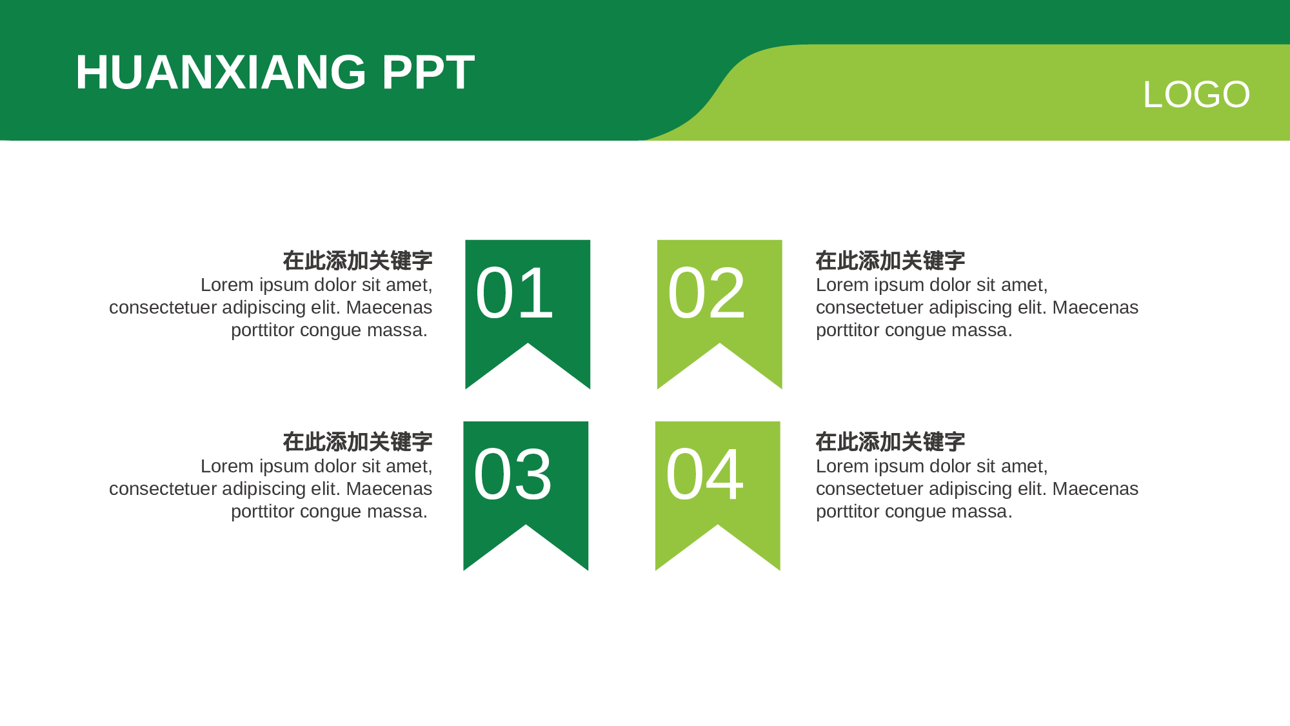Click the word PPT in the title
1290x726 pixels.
428,72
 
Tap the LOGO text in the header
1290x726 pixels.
1196,95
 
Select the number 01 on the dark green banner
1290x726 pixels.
514,294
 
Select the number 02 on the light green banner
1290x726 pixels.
706,294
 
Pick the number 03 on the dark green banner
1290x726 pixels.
512,475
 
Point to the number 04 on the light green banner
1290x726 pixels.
704,475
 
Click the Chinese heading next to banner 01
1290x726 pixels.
357,261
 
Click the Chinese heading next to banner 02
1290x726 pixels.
890,261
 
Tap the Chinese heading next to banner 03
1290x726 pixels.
357,442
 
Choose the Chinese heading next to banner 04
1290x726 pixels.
890,442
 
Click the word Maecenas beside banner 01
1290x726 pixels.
389,308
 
